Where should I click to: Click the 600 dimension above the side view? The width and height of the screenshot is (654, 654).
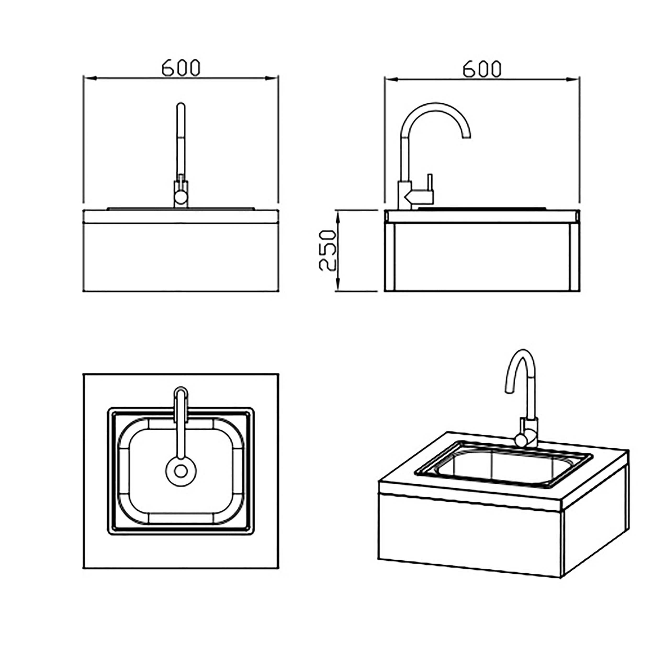482,69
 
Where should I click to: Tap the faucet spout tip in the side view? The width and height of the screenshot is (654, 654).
466,135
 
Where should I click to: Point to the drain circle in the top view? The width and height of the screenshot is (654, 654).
181,471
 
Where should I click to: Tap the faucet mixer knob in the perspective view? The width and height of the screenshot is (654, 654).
522,440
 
